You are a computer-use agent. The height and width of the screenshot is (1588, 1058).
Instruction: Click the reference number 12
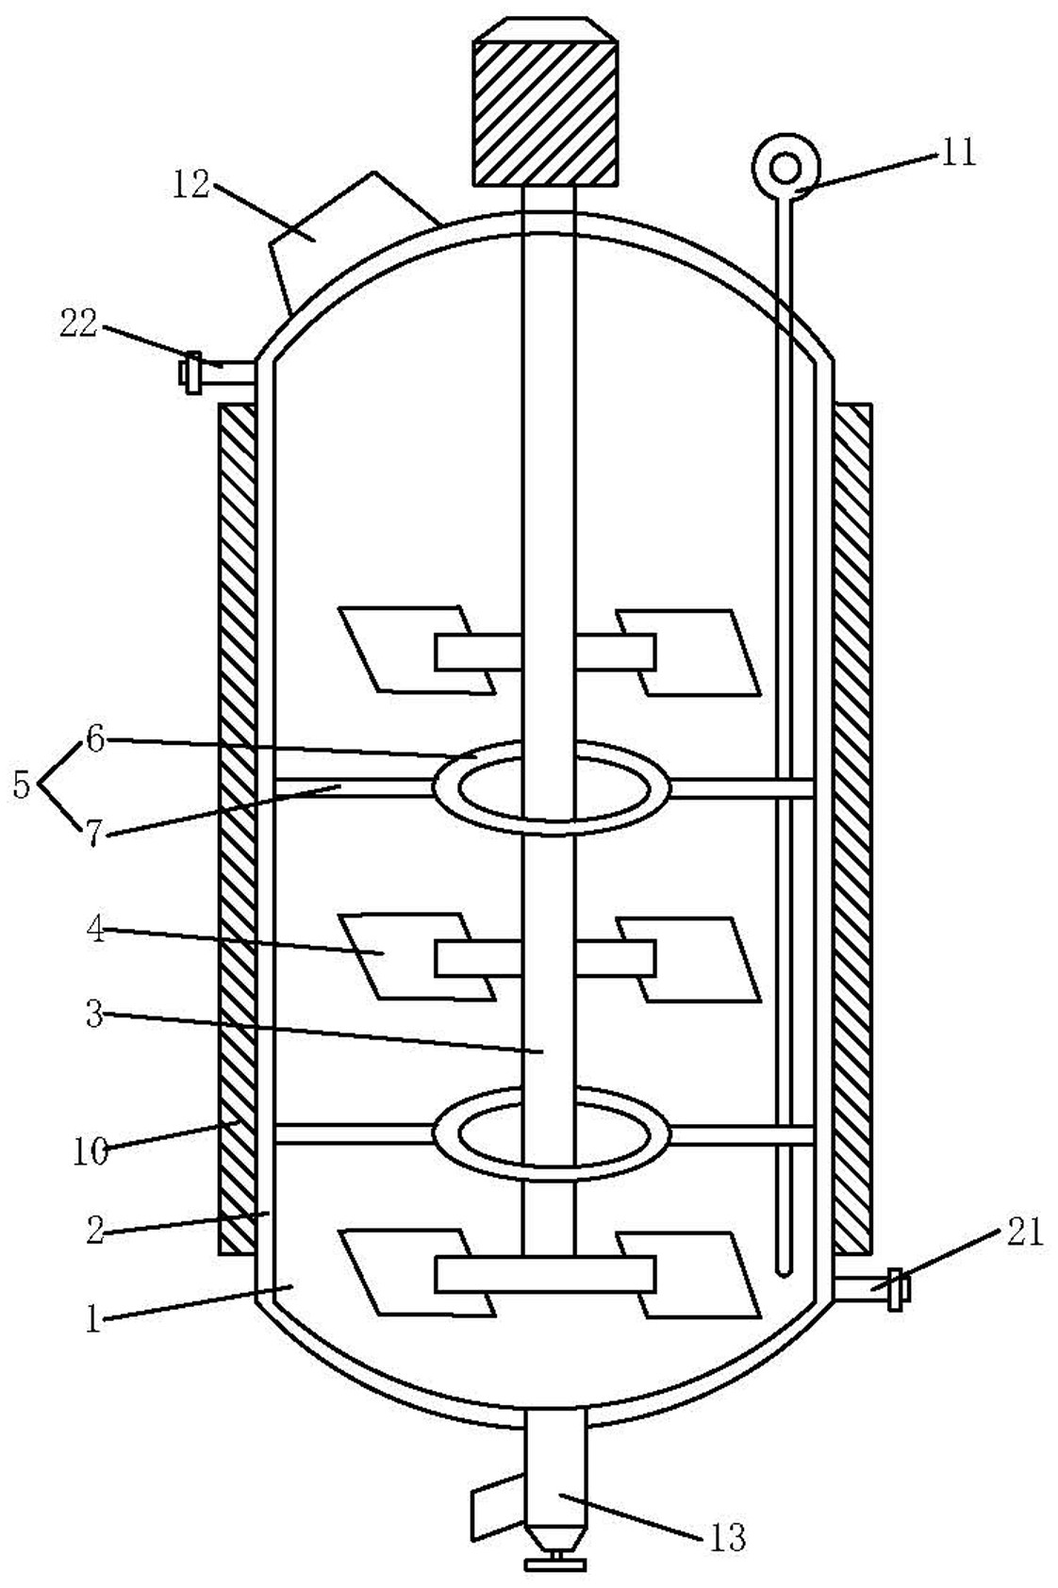[191, 185]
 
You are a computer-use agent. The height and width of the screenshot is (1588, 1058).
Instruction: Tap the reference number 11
[958, 153]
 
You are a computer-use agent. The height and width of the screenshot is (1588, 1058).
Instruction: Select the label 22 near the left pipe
[78, 324]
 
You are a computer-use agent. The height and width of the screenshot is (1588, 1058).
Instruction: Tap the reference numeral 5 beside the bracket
[22, 786]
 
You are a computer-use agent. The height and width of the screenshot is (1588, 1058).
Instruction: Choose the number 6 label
[96, 739]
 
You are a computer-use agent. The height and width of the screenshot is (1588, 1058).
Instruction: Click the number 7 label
[94, 834]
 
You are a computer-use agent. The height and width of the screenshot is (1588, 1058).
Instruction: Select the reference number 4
[96, 929]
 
